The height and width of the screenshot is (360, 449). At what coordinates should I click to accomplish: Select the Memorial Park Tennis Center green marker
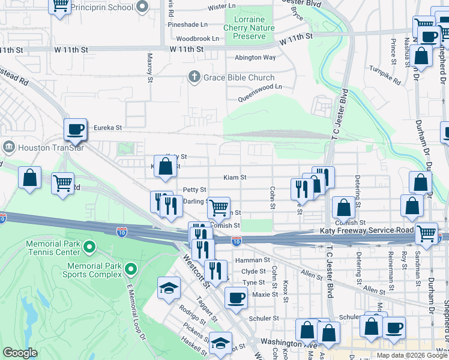tap(89, 247)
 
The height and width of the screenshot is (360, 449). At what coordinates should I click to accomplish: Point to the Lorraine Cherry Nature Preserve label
tap(249, 28)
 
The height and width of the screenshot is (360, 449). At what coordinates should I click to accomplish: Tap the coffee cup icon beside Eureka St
tap(76, 129)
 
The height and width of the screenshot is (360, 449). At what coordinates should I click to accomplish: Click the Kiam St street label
tap(235, 178)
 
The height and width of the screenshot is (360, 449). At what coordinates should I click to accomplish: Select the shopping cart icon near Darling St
tap(219, 208)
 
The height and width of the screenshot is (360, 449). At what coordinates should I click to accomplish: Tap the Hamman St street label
tap(253, 260)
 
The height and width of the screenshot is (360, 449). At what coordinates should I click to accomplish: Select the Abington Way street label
tap(255, 58)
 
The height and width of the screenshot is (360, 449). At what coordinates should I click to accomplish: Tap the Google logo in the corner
tap(20, 353)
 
